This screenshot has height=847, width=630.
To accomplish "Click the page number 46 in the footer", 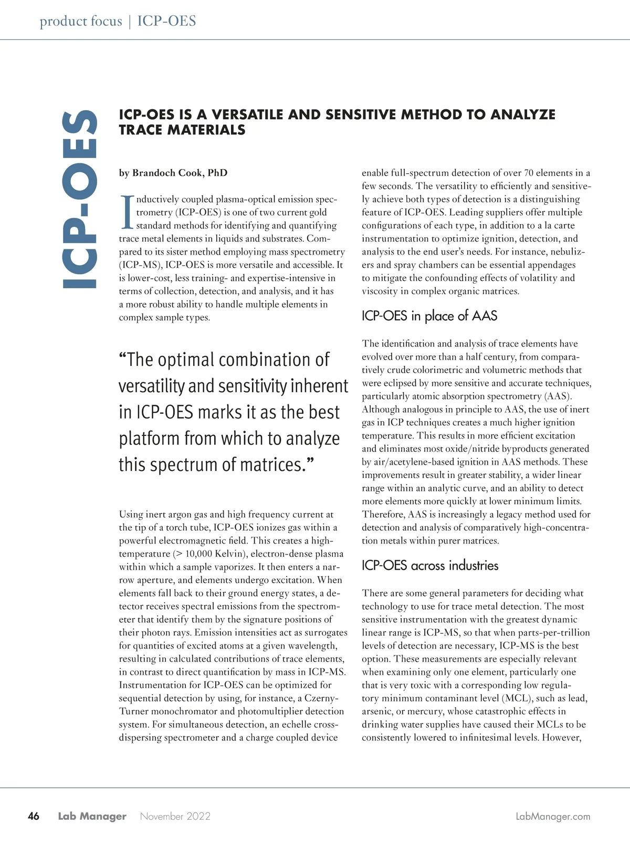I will coord(33,816).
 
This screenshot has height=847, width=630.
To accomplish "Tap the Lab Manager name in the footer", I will coord(92,816).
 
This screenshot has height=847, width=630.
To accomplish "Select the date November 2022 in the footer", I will coord(175,816).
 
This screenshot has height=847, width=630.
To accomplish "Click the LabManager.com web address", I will coord(553,817).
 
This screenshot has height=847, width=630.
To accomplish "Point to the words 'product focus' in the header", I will coord(80,22).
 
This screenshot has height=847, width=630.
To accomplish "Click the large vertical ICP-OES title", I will coord(80,200).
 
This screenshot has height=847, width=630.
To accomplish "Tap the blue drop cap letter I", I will coord(127,212).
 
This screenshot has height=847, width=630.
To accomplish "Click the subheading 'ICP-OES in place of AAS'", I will coord(429,316).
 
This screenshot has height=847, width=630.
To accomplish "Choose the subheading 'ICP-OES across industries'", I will coord(429,566).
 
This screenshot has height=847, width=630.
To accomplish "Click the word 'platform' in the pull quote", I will coord(152,438).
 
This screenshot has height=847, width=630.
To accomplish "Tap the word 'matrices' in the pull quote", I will coord(272,465).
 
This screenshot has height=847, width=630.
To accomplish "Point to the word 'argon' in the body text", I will coord(180,514).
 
